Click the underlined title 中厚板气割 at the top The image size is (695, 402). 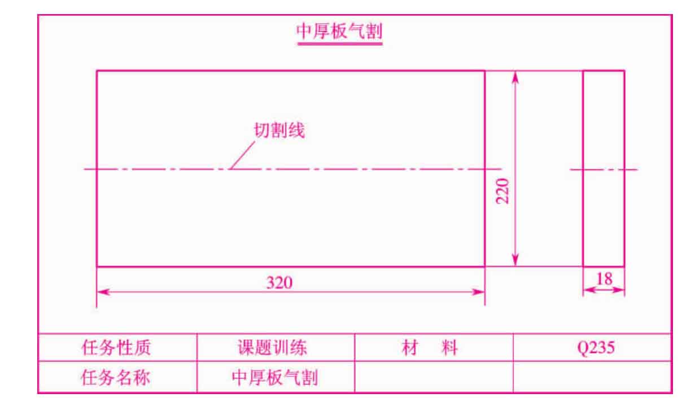click(339, 32)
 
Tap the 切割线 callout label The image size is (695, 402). click(279, 130)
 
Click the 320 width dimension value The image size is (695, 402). click(279, 282)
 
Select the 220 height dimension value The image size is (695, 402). click(502, 191)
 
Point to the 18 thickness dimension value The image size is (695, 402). click(604, 278)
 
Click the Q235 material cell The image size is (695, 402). click(596, 347)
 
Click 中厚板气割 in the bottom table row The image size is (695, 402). click(275, 378)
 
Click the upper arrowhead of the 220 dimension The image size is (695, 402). click(515, 77)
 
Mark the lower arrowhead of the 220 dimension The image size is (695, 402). click(515, 260)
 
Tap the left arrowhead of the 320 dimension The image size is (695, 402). click(103, 292)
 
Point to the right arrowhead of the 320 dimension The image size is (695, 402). click(478, 292)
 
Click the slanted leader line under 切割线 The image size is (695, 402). click(242, 155)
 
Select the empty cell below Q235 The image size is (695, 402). click(592, 377)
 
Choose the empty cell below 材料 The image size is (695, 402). click(434, 377)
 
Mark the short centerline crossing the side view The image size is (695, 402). click(604, 170)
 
